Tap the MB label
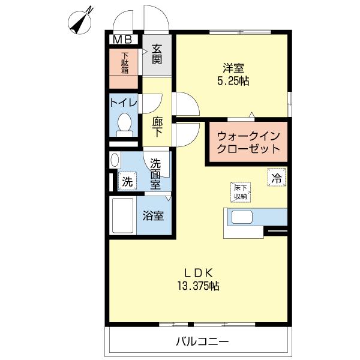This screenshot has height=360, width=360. pyautogui.click(x=123, y=39)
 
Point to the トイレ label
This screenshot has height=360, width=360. pyautogui.click(x=124, y=103)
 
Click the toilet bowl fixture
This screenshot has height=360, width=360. pyautogui.click(x=125, y=124)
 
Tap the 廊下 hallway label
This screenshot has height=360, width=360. pyautogui.click(x=157, y=127)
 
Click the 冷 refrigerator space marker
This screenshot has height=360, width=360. pyautogui.click(x=277, y=177)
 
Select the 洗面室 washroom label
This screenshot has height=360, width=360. pyautogui.click(x=155, y=173)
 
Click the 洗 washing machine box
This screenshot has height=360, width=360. pyautogui.click(x=127, y=181)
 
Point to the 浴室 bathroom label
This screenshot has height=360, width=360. pyautogui.click(x=154, y=216)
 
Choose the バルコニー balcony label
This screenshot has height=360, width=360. pyautogui.click(x=202, y=342)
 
